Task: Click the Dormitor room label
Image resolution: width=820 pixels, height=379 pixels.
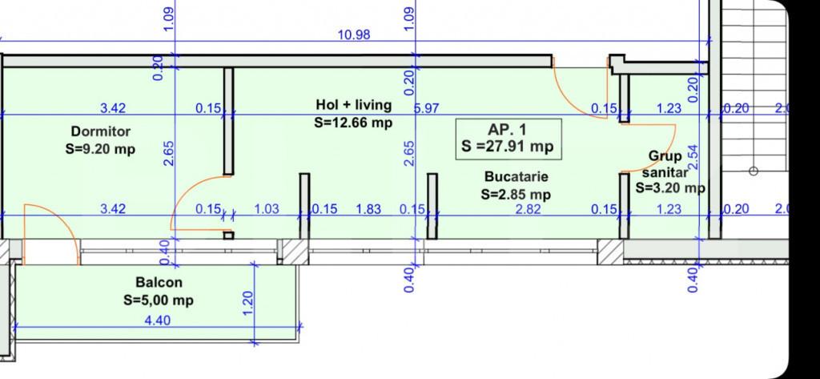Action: pyautogui.click(x=101, y=131)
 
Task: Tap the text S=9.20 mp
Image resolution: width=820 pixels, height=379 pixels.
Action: pyautogui.click(x=100, y=149)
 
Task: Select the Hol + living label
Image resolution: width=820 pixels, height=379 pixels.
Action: pyautogui.click(x=353, y=105)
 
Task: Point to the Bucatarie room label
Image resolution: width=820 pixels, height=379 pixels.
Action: pyautogui.click(x=517, y=176)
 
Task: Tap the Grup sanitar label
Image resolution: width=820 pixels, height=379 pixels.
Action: pyautogui.click(x=665, y=163)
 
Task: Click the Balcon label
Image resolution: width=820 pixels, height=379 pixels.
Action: pyautogui.click(x=159, y=283)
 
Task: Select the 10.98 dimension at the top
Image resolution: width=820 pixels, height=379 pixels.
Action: pyautogui.click(x=354, y=35)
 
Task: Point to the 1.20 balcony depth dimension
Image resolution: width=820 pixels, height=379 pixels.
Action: pyautogui.click(x=248, y=302)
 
